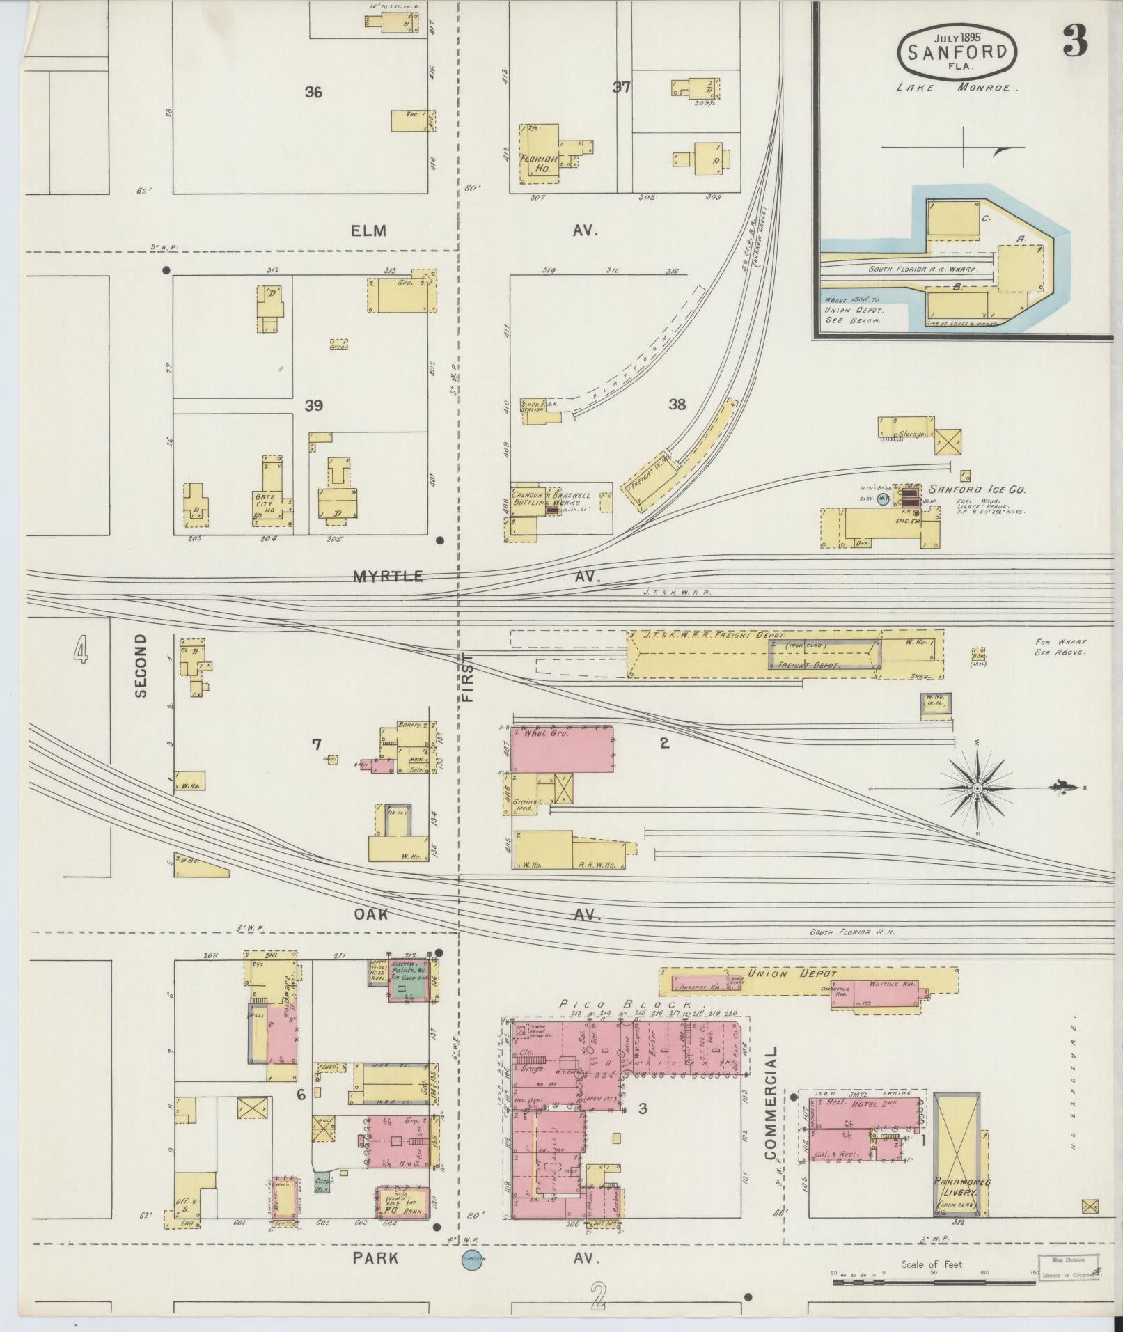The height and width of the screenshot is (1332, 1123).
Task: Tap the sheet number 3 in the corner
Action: point(1074,43)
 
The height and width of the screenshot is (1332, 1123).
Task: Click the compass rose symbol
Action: point(977,788)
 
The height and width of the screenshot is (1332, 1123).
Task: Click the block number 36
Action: point(313,92)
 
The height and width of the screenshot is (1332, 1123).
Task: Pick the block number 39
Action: point(313,405)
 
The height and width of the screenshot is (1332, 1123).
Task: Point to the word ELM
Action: point(369,230)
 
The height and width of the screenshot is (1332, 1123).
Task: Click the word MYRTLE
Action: point(388,576)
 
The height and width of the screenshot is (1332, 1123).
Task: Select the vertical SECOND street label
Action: point(141,665)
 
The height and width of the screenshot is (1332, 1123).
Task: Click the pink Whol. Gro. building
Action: point(563,749)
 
